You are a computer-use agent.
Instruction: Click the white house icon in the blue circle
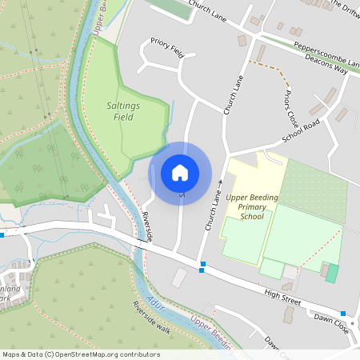click(179, 172)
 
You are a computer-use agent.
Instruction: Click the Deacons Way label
click(330, 70)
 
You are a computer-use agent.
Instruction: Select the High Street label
click(284, 300)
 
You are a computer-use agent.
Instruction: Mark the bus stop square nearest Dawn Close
click(343, 313)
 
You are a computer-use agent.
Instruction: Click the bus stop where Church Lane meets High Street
click(202, 264)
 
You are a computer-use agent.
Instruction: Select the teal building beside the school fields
click(331, 273)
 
